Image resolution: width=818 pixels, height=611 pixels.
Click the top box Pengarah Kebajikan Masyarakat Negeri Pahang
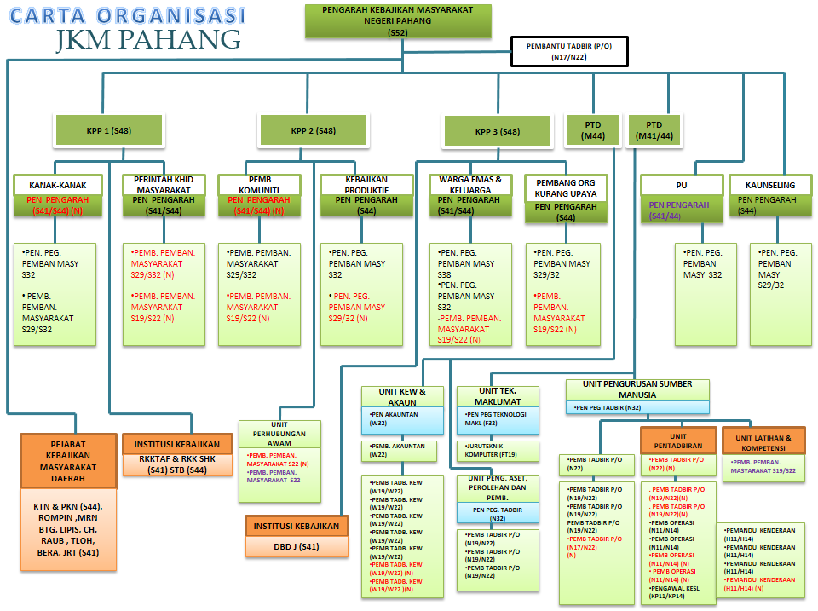[x=399, y=20]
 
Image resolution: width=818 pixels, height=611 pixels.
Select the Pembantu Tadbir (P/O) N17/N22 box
[x=569, y=51]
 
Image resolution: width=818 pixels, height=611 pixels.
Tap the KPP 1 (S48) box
[x=109, y=130]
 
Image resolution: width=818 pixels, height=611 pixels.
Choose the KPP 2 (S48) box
[x=313, y=130]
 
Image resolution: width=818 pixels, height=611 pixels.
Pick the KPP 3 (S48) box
[x=498, y=131]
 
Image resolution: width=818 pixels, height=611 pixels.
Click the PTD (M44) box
[x=593, y=130]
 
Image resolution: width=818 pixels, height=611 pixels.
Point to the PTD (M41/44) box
[x=654, y=130]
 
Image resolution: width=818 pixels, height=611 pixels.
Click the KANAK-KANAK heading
[x=58, y=185]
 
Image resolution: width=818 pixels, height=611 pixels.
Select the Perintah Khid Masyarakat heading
[x=164, y=184]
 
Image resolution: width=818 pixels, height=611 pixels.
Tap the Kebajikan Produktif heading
[x=366, y=184]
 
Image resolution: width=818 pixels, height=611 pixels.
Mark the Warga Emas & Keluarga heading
[x=470, y=184]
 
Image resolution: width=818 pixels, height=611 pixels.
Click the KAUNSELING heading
[x=770, y=185]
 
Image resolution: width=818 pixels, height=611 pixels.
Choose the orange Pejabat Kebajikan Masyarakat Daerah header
[x=68, y=461]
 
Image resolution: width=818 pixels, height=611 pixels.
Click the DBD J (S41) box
[x=297, y=546]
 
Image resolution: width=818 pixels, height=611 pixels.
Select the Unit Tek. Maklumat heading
[x=498, y=396]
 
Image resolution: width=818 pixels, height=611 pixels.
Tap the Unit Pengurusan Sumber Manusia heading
[x=637, y=389]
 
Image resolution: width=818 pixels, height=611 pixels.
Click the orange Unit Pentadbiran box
[x=678, y=441]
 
